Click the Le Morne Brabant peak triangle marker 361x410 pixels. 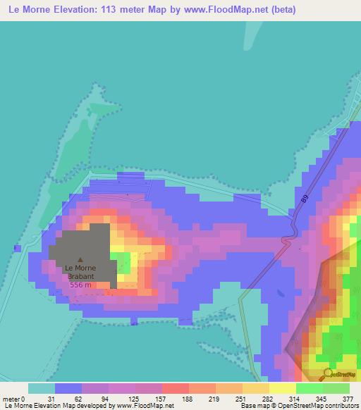tap(80, 260)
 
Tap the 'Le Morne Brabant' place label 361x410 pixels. tap(80, 272)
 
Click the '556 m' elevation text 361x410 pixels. tap(80, 285)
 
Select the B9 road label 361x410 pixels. tap(305, 199)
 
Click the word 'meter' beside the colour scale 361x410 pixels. tap(12, 399)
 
